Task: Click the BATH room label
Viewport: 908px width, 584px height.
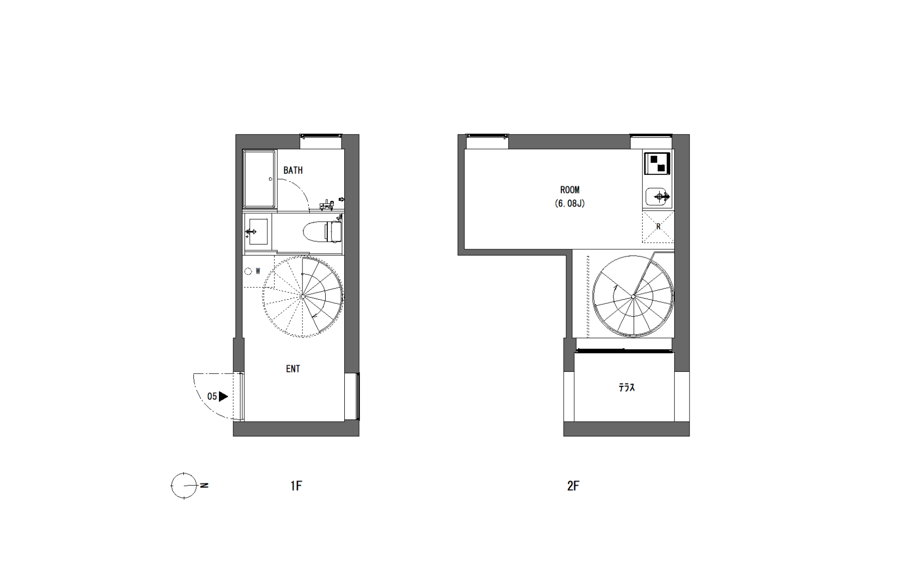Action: (293, 170)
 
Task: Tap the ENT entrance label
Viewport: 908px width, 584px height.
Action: (293, 368)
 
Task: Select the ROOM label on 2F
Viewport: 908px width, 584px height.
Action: (569, 190)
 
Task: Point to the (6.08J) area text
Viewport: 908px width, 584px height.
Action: (569, 204)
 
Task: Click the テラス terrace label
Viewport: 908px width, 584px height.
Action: (626, 387)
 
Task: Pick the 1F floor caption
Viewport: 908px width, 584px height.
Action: (296, 486)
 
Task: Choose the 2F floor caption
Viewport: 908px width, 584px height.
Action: (573, 486)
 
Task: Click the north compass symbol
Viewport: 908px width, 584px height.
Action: (184, 486)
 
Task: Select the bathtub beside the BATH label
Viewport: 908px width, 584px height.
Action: (259, 179)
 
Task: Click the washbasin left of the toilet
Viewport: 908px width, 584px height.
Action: (256, 232)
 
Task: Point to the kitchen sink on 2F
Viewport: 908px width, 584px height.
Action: (658, 196)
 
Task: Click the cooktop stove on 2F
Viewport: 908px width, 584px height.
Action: (657, 163)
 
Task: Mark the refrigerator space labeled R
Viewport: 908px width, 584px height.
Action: (658, 227)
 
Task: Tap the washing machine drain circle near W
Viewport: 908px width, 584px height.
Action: (248, 272)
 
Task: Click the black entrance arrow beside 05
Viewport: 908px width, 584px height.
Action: (223, 396)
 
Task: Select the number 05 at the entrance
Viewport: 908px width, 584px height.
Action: (212, 396)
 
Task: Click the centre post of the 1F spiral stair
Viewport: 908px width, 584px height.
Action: (303, 296)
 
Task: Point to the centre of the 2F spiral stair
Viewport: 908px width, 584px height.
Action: (633, 296)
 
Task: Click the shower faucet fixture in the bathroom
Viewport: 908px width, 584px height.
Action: (326, 205)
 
